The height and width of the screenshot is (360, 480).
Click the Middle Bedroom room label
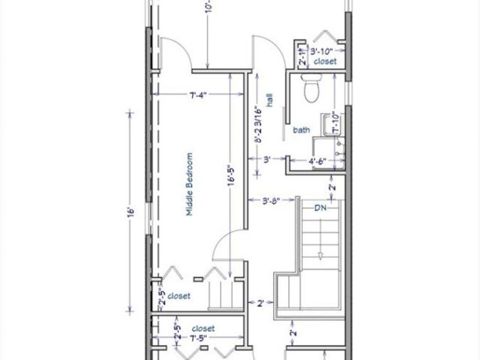(x=189, y=184)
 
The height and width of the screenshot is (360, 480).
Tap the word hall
(x=271, y=100)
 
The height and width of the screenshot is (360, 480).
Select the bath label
(x=301, y=130)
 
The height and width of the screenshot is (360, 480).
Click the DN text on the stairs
(x=321, y=208)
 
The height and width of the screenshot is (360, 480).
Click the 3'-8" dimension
(x=272, y=200)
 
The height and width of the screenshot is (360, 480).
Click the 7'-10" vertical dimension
(x=335, y=123)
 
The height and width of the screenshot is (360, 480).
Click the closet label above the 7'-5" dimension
(x=203, y=329)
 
